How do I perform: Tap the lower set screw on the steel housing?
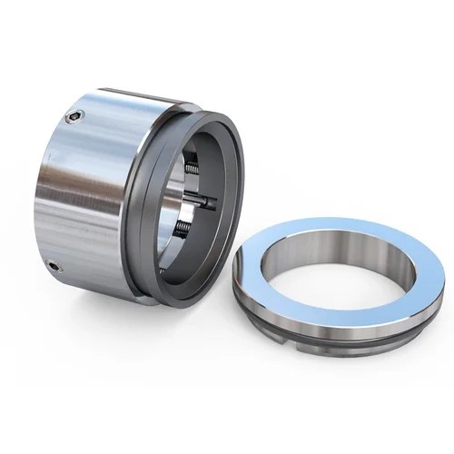pos(54,267)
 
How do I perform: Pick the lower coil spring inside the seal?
pos(181,228)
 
